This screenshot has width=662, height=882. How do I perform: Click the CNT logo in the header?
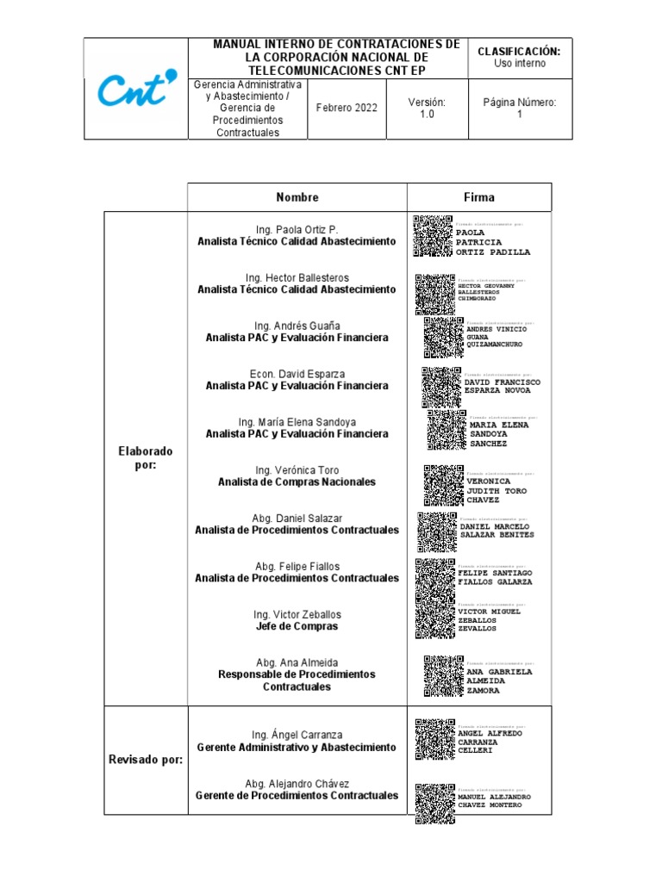pos(136,88)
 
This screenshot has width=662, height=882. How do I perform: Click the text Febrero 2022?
pos(347,108)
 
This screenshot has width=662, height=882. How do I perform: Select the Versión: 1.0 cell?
pos(427,108)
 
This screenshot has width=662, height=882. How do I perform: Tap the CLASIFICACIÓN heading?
pos(519,52)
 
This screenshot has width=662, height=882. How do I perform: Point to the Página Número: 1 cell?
pos(519,108)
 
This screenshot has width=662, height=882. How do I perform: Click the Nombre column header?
pos(297,197)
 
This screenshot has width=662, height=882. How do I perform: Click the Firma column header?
pos(479,197)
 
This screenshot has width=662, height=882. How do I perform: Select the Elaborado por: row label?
pos(146,458)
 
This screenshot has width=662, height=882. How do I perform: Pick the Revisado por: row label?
pos(146,760)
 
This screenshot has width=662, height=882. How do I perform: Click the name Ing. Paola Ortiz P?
pos(297,229)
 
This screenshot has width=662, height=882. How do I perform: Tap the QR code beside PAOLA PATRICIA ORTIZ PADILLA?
pos(433,236)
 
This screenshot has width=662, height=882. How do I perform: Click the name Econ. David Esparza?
pos(297,374)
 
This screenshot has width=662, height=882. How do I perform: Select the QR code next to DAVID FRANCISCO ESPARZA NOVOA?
pos(441,386)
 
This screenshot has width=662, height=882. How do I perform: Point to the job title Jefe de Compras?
pos(297,626)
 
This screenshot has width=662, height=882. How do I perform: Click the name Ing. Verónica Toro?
pos(297,470)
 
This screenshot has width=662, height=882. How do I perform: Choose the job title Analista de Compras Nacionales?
pos(297,482)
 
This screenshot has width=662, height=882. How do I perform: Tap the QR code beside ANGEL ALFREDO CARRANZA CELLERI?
pos(434,740)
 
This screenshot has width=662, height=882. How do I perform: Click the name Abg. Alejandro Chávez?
pos(297,784)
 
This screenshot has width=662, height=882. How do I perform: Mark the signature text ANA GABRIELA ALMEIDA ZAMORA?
pos(499,680)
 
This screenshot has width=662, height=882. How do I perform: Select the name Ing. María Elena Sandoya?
pos(297,422)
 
